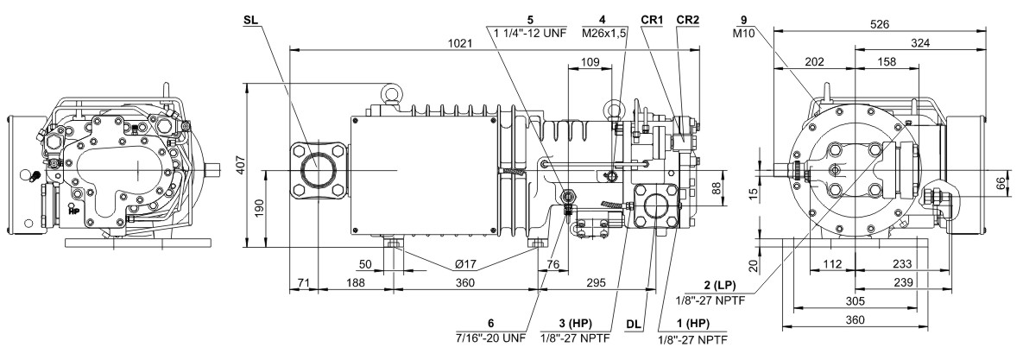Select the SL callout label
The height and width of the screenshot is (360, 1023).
coord(250,20)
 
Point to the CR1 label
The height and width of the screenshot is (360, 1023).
coord(652,20)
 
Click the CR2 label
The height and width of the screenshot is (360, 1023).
coord(688,20)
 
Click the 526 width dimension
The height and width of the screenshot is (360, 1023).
coord(879,24)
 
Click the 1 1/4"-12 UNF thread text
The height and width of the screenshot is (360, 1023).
coord(527,32)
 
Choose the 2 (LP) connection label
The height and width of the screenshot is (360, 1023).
coord(720,285)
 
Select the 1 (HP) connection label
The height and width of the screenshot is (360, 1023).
coord(692,324)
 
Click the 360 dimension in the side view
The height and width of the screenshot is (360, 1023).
coord(464,282)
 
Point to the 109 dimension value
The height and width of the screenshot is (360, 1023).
coord(590,62)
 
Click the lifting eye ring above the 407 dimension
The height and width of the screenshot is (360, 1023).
coord(391,96)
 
